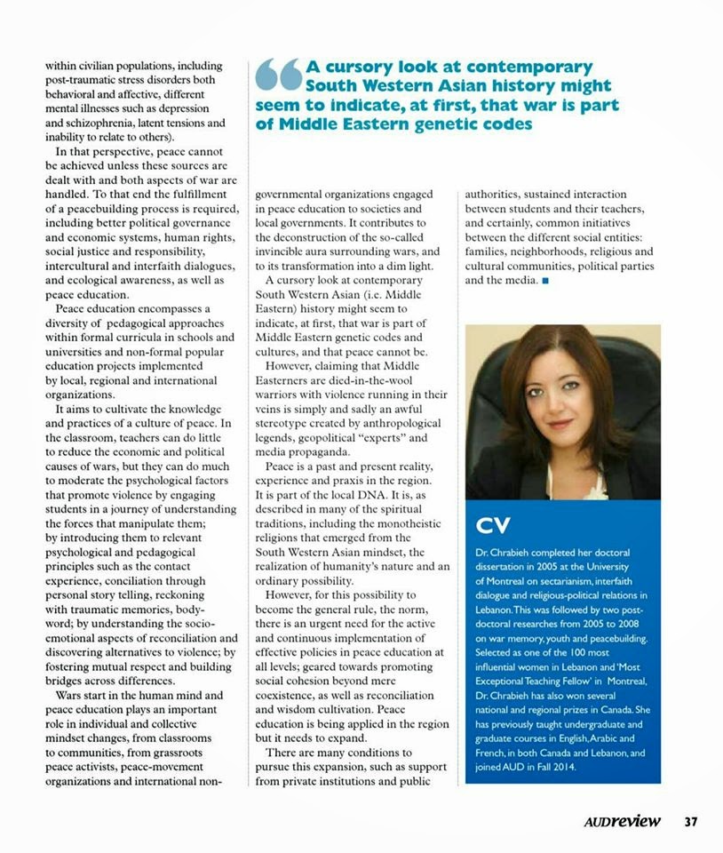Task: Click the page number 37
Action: [690, 821]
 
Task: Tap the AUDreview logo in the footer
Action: [622, 821]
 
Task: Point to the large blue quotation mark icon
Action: [279, 76]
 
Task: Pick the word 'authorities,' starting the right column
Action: [500, 194]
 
